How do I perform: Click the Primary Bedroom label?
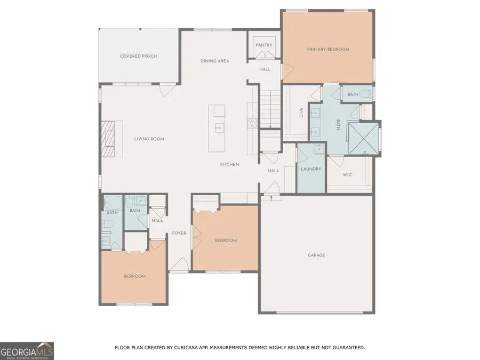click(328, 50)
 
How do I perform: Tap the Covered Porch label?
click(138, 56)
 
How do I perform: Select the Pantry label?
click(263, 45)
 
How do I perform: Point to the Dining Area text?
click(214, 61)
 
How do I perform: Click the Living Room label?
click(149, 139)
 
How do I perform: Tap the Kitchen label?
click(229, 164)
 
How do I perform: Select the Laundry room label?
click(310, 169)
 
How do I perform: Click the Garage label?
click(316, 255)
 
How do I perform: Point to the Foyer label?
click(179, 233)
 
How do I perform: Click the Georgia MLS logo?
click(27, 350)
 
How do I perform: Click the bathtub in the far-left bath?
click(113, 203)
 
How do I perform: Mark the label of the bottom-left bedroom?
click(134, 276)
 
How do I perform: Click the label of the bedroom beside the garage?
click(226, 241)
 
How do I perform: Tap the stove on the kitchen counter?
click(252, 124)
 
